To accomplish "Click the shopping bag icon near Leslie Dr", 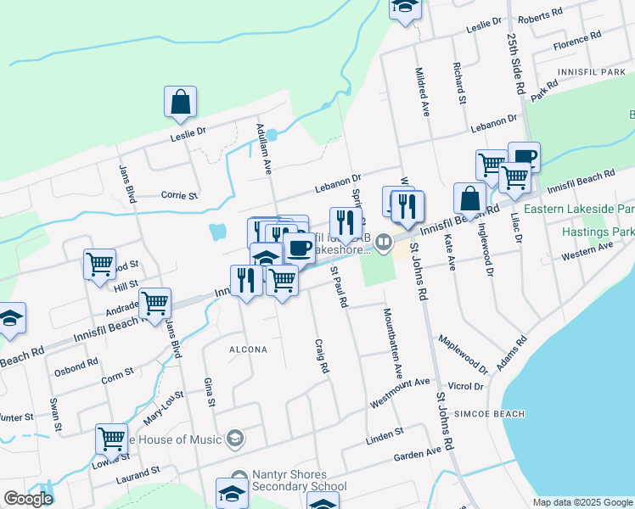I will pyautogui.click(x=181, y=103).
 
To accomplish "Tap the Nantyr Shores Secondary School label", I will pyautogui.click(x=300, y=480).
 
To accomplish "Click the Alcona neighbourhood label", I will pyautogui.click(x=248, y=350).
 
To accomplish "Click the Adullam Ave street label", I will pyautogui.click(x=262, y=149).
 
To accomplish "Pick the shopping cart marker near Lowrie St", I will pyautogui.click(x=111, y=439).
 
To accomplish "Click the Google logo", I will pyautogui.click(x=28, y=498).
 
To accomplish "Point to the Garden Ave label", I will pyautogui.click(x=418, y=455).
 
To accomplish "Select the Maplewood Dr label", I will pyautogui.click(x=464, y=355).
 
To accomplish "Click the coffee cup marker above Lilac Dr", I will pyautogui.click(x=524, y=157).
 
